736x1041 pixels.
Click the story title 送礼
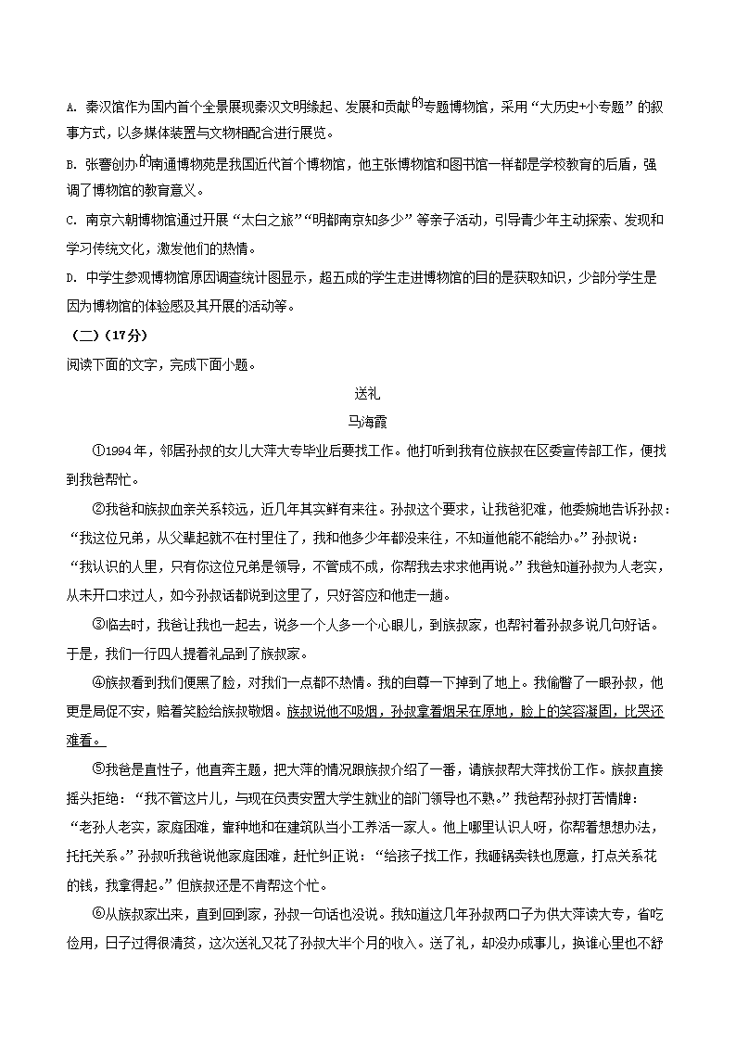pos(368,392)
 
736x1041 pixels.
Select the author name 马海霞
pos(368,421)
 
